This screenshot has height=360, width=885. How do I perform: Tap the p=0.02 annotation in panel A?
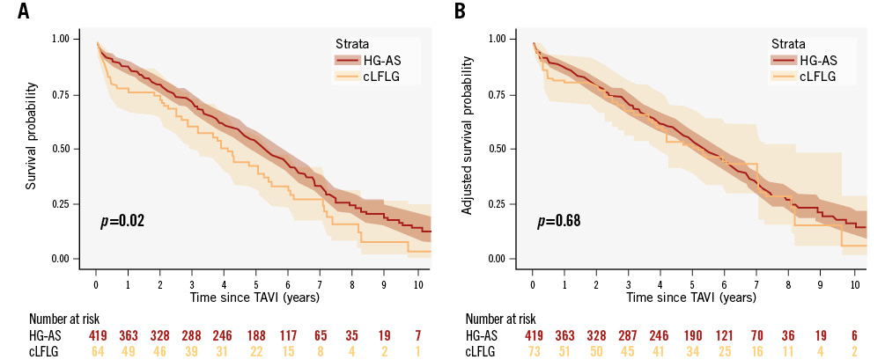click(123, 220)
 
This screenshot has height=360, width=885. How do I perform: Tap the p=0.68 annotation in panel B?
click(559, 220)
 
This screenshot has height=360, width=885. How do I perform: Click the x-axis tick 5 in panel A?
click(255, 285)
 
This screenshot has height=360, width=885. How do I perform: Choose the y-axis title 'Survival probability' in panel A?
click(32, 137)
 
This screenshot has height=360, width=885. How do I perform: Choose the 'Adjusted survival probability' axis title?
click(468, 147)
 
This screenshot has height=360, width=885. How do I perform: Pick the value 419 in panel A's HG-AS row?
click(97, 335)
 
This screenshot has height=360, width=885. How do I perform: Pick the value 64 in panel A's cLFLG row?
click(97, 350)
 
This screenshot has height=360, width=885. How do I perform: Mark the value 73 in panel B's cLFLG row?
click(533, 350)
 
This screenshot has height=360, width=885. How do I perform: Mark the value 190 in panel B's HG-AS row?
click(692, 335)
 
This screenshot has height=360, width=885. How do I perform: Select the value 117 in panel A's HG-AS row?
click(288, 335)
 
